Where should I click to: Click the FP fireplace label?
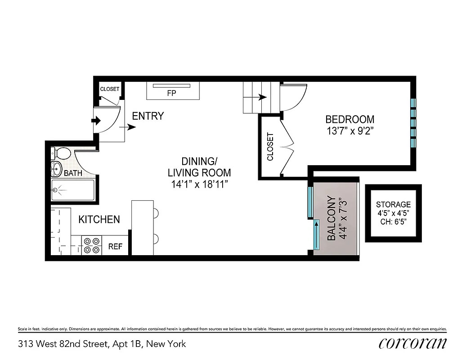pyautogui.click(x=171, y=94)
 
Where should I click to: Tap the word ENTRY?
pyautogui.click(x=148, y=116)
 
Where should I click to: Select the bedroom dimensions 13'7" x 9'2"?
pyautogui.click(x=349, y=131)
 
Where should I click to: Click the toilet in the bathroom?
pyautogui.click(x=61, y=154)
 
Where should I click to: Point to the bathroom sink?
pyautogui.click(x=57, y=169)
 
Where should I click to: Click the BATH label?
pyautogui.click(x=72, y=173)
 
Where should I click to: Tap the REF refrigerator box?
pyautogui.click(x=116, y=246)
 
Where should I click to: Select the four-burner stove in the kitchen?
pyautogui.click(x=92, y=246)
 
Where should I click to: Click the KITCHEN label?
pyautogui.click(x=99, y=220)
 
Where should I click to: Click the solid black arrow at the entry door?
pyautogui.click(x=96, y=121)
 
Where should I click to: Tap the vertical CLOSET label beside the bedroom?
pyautogui.click(x=270, y=147)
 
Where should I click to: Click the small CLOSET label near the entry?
pyautogui.click(x=109, y=89)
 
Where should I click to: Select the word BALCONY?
pyautogui.click(x=331, y=218)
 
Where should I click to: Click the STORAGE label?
pyautogui.click(x=393, y=205)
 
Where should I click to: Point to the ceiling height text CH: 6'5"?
pyautogui.click(x=393, y=221)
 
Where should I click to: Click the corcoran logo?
pyautogui.click(x=412, y=343)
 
